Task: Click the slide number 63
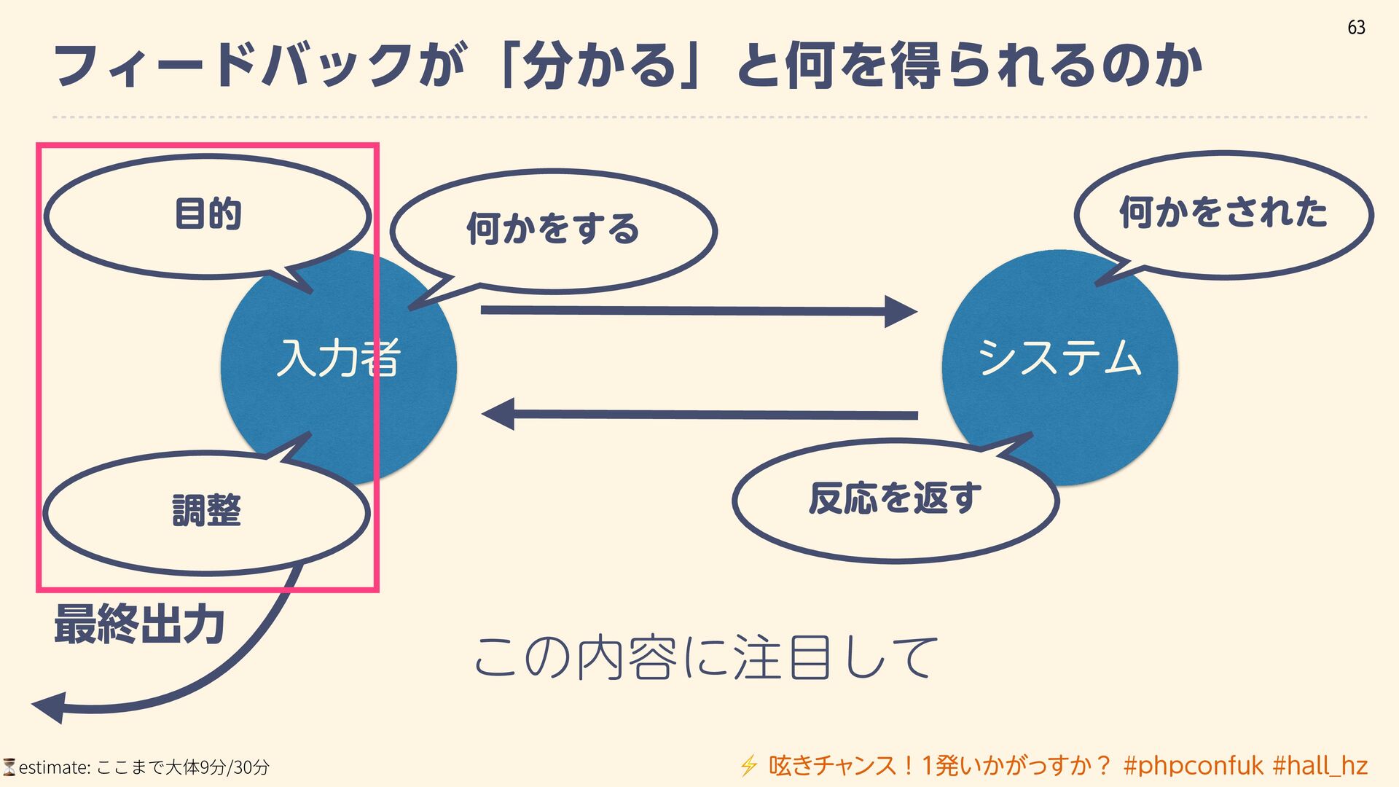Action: point(1356,28)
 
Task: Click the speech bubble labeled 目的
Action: point(208,215)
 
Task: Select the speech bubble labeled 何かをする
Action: point(553,230)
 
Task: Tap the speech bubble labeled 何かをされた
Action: point(1223,214)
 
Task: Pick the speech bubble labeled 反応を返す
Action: point(895,500)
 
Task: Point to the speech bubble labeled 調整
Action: point(206,511)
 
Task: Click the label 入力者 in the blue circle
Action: point(338,359)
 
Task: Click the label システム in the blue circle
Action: point(1059,358)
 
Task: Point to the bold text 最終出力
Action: point(139,624)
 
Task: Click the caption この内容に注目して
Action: point(705,657)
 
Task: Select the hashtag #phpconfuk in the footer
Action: point(1194,766)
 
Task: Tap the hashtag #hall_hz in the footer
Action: point(1320,766)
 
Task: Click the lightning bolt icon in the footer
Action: point(748,766)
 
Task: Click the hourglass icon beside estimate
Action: point(9,767)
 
